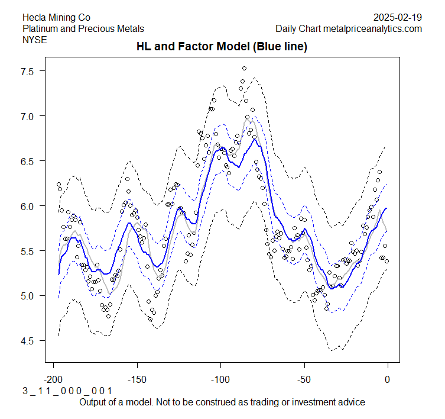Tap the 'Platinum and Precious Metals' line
click(83, 28)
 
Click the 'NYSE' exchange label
click(34, 40)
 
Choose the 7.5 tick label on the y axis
click(30, 71)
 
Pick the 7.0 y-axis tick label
click(30, 116)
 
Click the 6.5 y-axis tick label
click(30, 161)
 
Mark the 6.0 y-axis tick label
click(30, 206)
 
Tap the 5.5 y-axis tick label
click(30, 251)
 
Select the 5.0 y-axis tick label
click(30, 296)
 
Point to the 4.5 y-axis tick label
click(30, 341)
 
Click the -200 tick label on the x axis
click(54, 379)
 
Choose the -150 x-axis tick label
click(137, 379)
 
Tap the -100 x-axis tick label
click(220, 379)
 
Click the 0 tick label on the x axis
click(388, 379)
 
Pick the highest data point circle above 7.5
click(244, 69)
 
